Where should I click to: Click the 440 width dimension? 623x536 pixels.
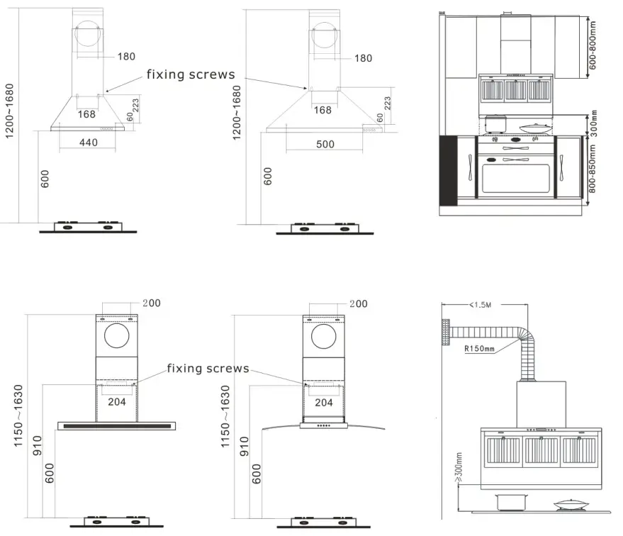pos(88,143)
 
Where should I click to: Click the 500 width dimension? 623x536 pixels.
pos(325,145)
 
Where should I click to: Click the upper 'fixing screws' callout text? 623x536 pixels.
pos(191,74)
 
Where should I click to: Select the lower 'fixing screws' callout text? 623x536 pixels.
pos(208,368)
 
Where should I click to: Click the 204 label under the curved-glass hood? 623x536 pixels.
pos(324,402)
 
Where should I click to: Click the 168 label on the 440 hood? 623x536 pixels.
pos(86,113)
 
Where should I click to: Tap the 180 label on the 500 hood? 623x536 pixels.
pos(361,57)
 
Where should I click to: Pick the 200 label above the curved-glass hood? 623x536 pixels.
pos(358,303)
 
